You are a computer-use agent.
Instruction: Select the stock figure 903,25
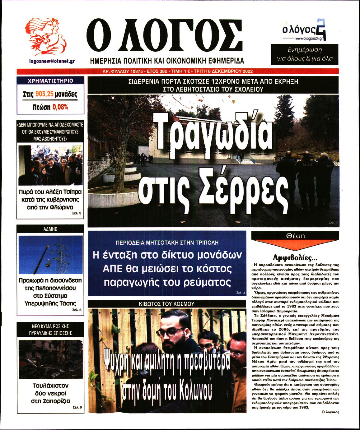click(44, 94)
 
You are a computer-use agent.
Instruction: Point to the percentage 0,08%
click(60, 107)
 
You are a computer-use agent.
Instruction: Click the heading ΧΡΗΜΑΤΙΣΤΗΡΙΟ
click(50, 81)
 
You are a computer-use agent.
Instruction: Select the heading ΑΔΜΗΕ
click(50, 229)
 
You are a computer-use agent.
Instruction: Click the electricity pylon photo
click(50, 255)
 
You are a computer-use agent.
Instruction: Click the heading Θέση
click(295, 236)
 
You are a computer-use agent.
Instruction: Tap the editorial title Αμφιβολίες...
click(295, 257)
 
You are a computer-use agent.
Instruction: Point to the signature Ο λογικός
click(330, 412)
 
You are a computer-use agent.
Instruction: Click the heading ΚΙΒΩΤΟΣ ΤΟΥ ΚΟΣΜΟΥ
click(166, 304)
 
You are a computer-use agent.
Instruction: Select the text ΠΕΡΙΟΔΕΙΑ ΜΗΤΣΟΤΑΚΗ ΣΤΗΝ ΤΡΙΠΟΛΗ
click(167, 242)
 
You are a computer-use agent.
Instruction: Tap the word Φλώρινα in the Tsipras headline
click(62, 207)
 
